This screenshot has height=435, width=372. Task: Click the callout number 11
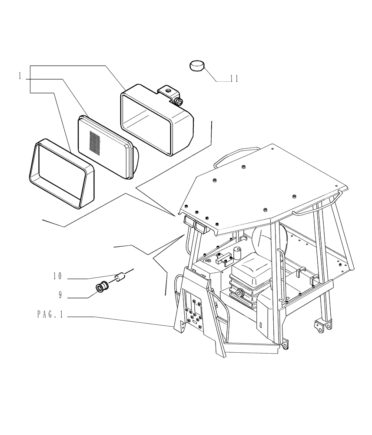click(x=234, y=79)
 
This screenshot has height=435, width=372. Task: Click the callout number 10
click(x=58, y=276)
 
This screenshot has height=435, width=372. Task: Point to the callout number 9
click(x=60, y=295)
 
